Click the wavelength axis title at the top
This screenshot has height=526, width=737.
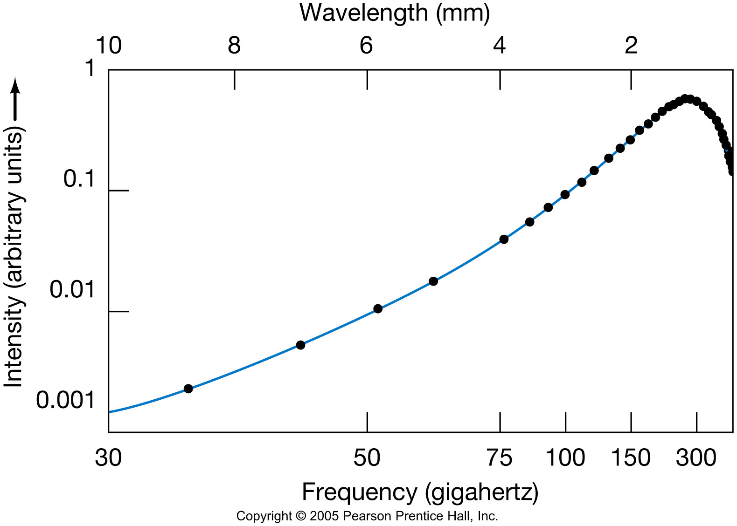click(x=395, y=13)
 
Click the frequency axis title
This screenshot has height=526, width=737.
click(x=420, y=492)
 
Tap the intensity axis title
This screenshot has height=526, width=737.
click(x=14, y=259)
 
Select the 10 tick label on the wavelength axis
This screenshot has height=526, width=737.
click(x=108, y=46)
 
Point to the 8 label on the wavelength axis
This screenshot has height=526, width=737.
click(x=234, y=46)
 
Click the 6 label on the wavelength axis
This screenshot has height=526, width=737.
click(x=367, y=46)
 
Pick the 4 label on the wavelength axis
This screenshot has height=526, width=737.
click(x=500, y=46)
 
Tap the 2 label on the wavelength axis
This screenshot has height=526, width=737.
click(x=631, y=46)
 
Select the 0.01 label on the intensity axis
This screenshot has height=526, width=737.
click(x=72, y=290)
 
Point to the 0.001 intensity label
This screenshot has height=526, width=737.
click(x=66, y=400)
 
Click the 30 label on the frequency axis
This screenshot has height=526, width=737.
click(x=108, y=458)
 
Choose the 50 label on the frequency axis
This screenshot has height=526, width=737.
click(x=367, y=458)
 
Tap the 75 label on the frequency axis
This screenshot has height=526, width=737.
click(x=500, y=458)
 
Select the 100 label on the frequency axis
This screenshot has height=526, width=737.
click(x=565, y=458)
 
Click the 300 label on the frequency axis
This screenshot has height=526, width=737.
click(x=696, y=458)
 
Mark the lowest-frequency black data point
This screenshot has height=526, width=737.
click(x=188, y=389)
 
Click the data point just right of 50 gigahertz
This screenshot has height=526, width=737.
click(x=378, y=309)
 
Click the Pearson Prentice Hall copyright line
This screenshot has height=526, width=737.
click(x=367, y=516)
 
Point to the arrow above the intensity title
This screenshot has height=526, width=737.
click(x=15, y=98)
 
